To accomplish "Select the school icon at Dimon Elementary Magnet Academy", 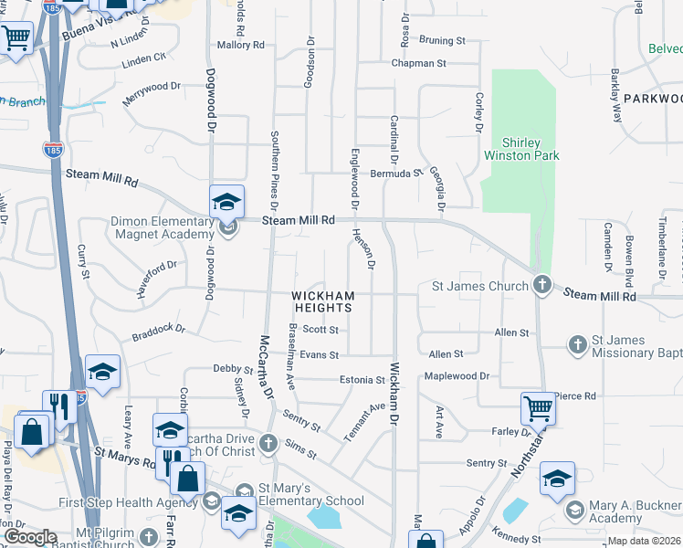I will coord(226,202).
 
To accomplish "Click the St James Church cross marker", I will coord(541,286).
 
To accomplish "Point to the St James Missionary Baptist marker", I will coord(577,345).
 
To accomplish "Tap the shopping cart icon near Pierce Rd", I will coord(538,408).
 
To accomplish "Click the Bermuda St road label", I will coord(396,173).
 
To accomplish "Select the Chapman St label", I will coord(418,64).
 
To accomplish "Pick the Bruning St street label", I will coord(442,40).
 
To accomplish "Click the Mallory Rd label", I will coord(240,44).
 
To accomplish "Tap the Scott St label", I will coord(320,330).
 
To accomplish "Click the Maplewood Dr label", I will coord(457,376).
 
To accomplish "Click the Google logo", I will coord(29,537).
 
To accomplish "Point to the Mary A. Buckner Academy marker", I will coord(574,509).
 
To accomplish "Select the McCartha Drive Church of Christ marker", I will coord(268,443).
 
